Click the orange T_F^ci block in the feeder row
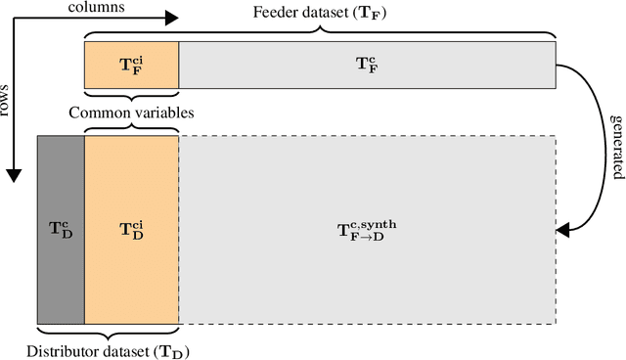[131, 65]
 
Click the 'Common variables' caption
[131, 112]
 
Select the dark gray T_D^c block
[61, 230]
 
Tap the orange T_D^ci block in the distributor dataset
[131, 230]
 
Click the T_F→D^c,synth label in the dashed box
[367, 230]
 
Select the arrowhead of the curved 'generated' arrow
[560, 231]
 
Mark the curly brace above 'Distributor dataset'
[108, 333]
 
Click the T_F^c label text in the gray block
[367, 65]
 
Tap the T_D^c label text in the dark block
[61, 230]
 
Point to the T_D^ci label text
[131, 230]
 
